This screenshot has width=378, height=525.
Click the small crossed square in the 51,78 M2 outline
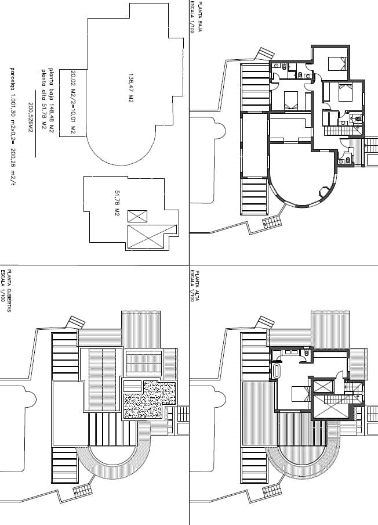[x=137, y=217]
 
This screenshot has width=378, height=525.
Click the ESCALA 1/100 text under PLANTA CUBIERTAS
[x=3, y=288]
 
